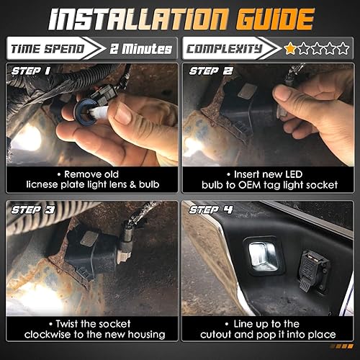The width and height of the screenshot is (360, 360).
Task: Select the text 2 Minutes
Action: point(141,49)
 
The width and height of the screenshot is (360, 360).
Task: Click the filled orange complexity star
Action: point(290,49)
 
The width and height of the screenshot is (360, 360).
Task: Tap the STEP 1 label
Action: point(30,71)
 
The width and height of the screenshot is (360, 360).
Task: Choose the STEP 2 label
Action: point(210,71)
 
